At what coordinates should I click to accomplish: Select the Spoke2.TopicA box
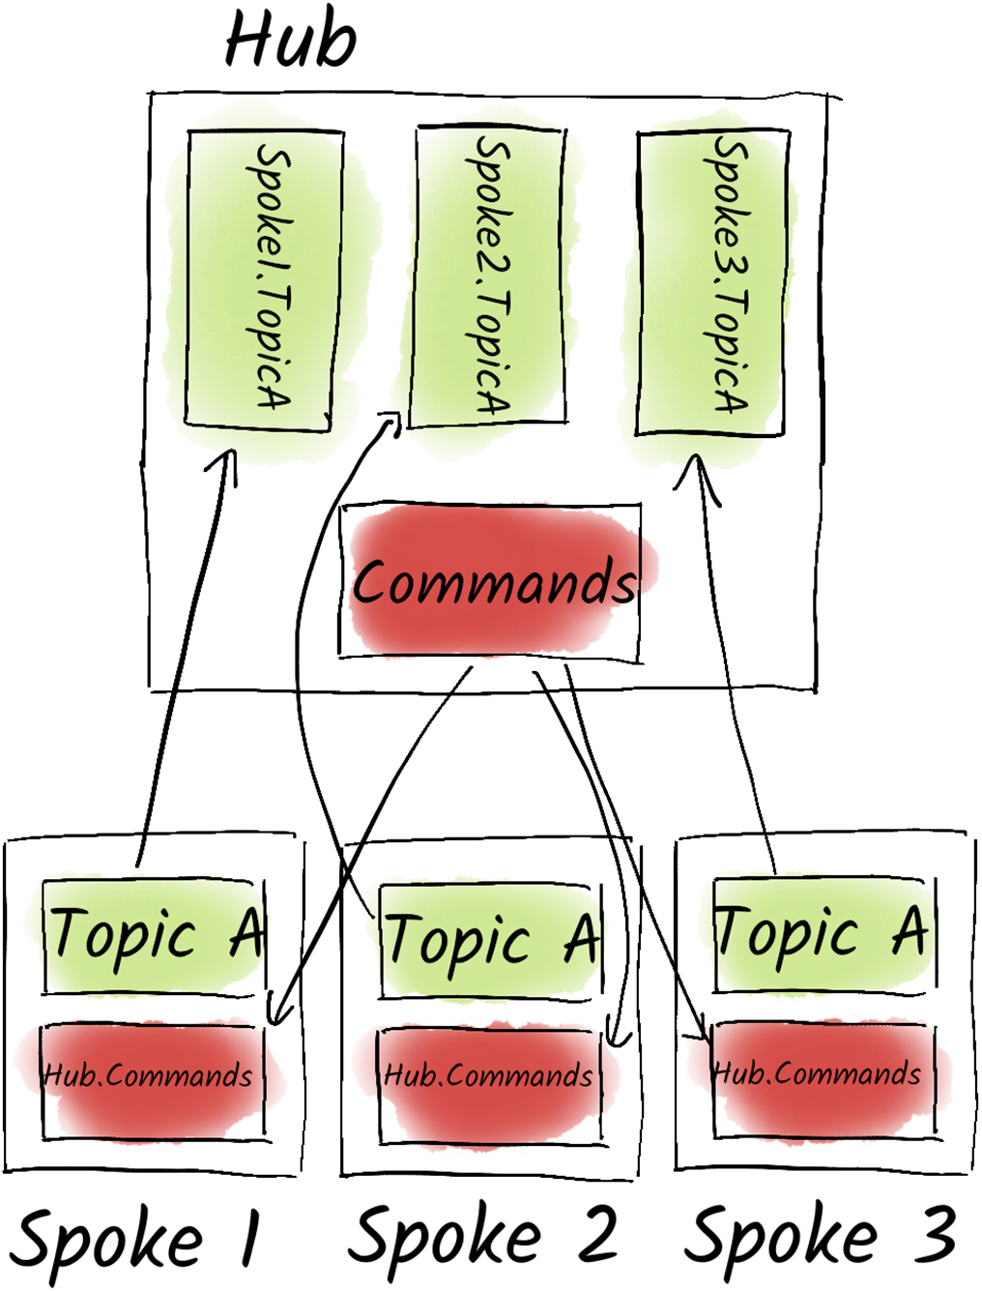[x=488, y=279]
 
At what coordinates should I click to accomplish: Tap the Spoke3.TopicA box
[x=710, y=282]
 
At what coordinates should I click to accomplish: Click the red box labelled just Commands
[x=495, y=583]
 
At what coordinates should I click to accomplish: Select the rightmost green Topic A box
[x=823, y=930]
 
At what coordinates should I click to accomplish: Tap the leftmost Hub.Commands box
[x=149, y=1075]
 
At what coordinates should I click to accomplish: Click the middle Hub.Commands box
[x=488, y=1075]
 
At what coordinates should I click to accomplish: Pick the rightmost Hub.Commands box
[x=818, y=1073]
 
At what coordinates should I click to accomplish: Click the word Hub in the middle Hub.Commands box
[x=405, y=1074]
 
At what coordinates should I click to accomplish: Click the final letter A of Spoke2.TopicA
[x=493, y=399]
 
